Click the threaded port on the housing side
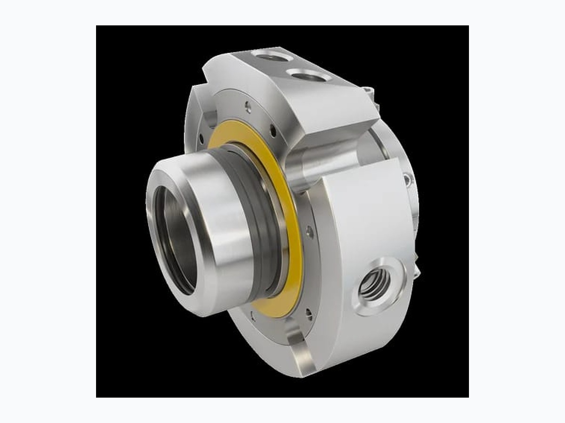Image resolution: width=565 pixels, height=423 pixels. point(374,284)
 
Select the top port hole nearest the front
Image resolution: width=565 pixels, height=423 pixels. point(308,75)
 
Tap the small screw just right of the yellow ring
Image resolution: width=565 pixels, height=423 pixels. point(309,231)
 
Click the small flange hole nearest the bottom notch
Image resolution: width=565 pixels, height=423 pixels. point(308,312)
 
